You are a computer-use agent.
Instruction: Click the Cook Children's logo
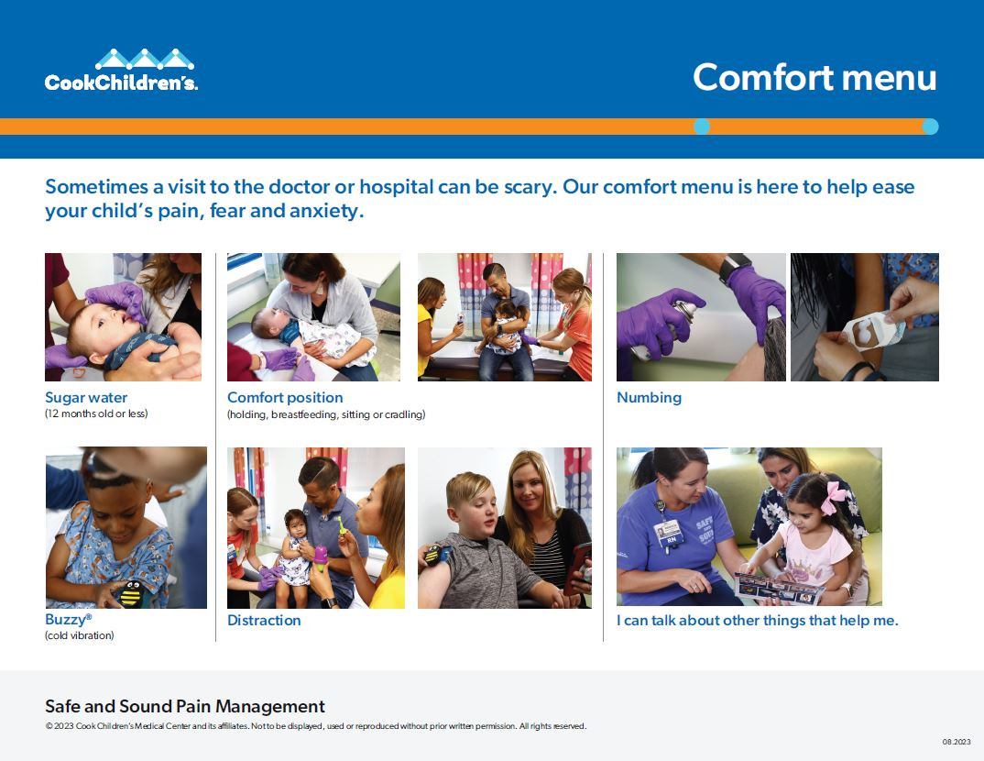pyautogui.click(x=121, y=71)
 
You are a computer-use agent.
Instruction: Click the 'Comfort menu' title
pyautogui.click(x=814, y=77)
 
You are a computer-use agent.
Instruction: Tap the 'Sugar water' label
pyautogui.click(x=86, y=397)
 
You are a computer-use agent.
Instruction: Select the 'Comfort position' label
pyautogui.click(x=285, y=397)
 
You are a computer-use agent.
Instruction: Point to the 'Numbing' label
pyautogui.click(x=649, y=397)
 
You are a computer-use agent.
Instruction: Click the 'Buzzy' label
pyautogui.click(x=67, y=620)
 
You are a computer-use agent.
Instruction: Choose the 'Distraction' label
pyautogui.click(x=264, y=620)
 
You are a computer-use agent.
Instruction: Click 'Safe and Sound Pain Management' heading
pyautogui.click(x=185, y=706)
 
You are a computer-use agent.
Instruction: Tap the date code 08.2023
pyautogui.click(x=956, y=742)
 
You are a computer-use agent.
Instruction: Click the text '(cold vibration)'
pyautogui.click(x=80, y=635)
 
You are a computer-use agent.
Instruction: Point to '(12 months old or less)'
pyautogui.click(x=96, y=414)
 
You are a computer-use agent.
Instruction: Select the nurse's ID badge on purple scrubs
pyautogui.click(x=669, y=531)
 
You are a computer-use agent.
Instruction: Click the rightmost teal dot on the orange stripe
pyautogui.click(x=930, y=127)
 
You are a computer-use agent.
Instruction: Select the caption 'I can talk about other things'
pyautogui.click(x=757, y=620)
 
